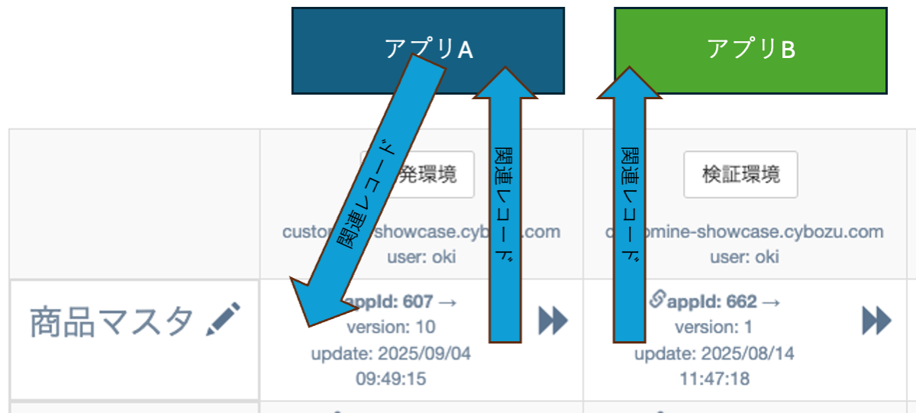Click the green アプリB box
point(750,50)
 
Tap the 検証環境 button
point(740,175)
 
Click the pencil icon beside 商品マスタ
point(223,320)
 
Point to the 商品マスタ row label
point(111,323)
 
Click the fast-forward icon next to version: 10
point(553,321)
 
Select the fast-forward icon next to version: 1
point(877,321)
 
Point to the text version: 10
point(391,327)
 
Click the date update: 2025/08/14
point(714,353)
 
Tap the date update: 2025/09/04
point(391,353)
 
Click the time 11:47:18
point(714,379)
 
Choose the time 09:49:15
point(391,379)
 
